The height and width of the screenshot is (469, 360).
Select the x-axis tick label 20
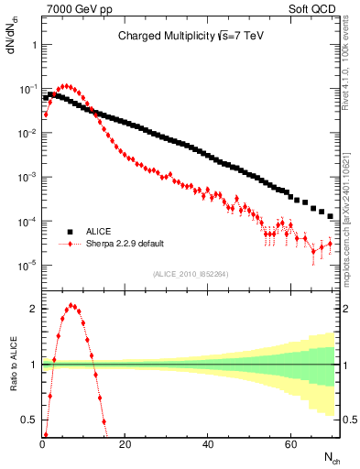[125, 445]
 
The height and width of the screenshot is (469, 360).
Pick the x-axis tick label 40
[207, 445]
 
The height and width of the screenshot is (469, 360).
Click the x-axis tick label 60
[289, 445]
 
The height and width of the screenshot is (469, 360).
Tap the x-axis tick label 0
[42, 445]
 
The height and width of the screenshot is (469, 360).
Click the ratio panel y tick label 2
[32, 309]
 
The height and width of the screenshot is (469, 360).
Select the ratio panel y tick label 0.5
[28, 420]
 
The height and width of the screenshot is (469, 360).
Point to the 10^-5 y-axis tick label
[27, 266]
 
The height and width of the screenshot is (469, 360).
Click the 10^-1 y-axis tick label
[27, 89]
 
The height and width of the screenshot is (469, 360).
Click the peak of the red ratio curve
[72, 306]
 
